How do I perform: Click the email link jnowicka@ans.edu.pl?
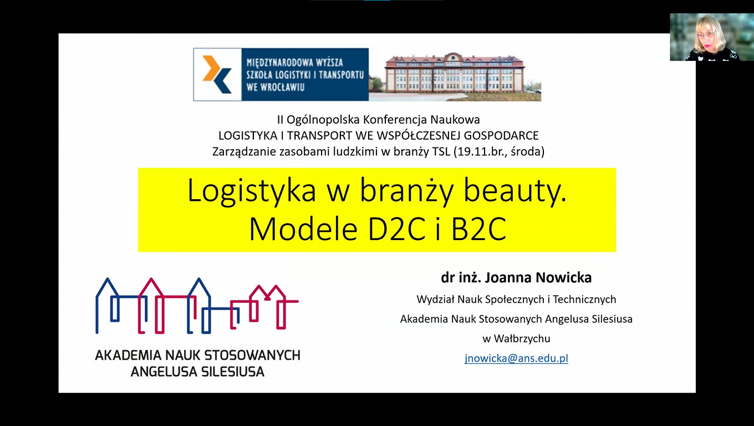(516, 358)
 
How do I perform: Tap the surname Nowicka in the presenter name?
(563, 277)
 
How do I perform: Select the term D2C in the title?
(397, 229)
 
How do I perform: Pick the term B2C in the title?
(478, 229)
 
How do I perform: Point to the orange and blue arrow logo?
(217, 74)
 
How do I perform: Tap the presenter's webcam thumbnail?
(712, 37)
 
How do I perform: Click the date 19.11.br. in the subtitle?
(482, 152)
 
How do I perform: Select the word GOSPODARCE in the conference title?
(501, 136)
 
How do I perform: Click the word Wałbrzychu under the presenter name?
(522, 338)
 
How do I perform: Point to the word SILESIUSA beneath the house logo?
(233, 372)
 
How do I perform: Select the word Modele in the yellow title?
(303, 229)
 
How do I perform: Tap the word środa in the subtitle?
(526, 152)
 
